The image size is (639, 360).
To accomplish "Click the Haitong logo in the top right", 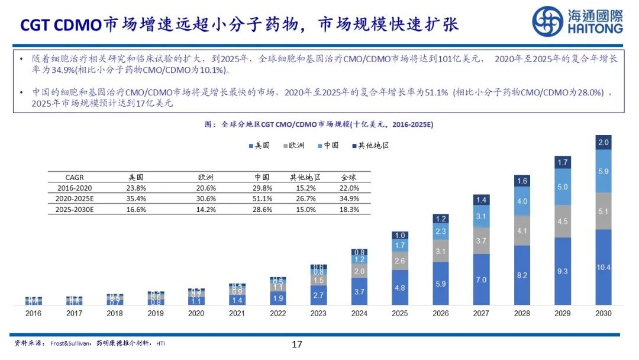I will [577, 22].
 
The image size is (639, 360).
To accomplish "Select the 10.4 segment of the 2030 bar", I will [603, 267].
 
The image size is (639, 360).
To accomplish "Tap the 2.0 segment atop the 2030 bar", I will [603, 142].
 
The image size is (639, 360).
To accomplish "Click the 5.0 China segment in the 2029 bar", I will [562, 187].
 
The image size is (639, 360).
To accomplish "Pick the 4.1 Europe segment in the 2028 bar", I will [521, 231].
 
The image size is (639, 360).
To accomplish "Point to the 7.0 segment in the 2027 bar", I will [481, 279].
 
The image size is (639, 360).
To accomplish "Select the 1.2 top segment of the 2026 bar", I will [440, 218].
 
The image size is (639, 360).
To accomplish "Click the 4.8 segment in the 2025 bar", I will [399, 288].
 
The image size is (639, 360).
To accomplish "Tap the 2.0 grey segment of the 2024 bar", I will [359, 271].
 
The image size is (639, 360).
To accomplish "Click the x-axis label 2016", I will [34, 313].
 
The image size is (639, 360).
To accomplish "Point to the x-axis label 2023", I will [318, 313].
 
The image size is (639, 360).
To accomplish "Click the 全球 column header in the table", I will [350, 177].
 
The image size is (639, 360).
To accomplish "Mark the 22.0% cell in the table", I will [350, 188].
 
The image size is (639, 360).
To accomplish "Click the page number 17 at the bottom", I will [297, 344].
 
